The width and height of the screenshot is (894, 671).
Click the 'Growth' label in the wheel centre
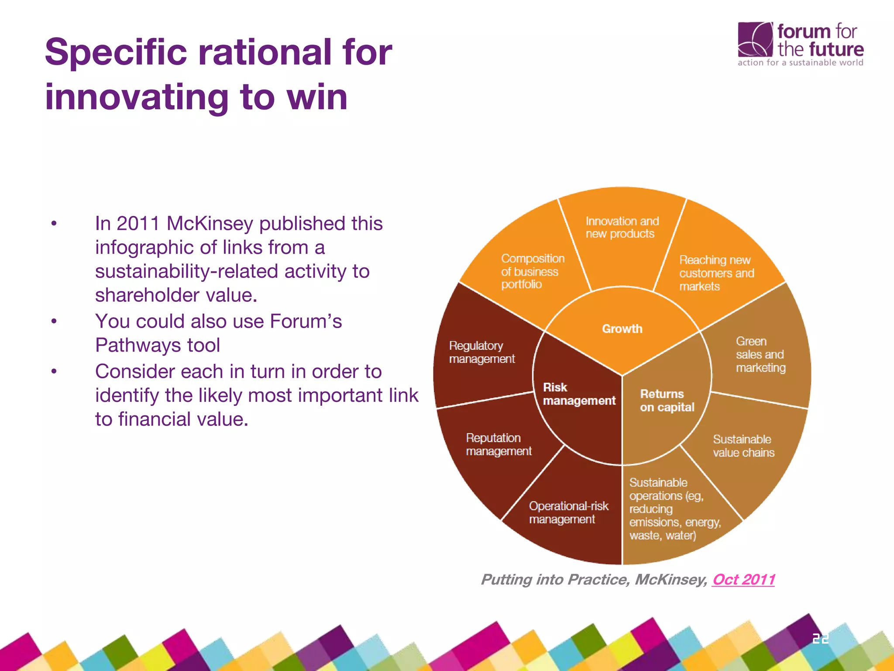point(622,329)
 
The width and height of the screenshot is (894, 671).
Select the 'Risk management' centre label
point(578,394)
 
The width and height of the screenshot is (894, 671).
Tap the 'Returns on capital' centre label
point(667,401)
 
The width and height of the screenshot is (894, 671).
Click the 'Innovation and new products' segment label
point(622,227)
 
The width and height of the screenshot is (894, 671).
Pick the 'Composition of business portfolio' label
point(532,271)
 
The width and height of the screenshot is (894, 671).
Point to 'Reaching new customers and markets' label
point(716,273)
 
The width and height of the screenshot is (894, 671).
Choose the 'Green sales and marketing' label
point(760,354)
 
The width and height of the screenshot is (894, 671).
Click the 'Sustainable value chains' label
point(743,446)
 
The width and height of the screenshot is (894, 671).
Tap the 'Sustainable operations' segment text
point(674,509)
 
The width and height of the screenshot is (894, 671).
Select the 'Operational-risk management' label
point(568,512)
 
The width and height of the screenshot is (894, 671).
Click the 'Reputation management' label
point(499,444)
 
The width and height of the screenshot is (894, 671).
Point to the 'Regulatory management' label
point(481,352)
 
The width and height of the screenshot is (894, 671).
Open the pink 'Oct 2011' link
point(743,579)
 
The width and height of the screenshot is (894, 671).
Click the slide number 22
point(820,639)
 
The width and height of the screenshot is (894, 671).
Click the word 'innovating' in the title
point(137,97)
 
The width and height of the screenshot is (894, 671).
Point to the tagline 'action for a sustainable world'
point(800,62)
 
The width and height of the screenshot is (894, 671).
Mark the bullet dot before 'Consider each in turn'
point(54,372)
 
